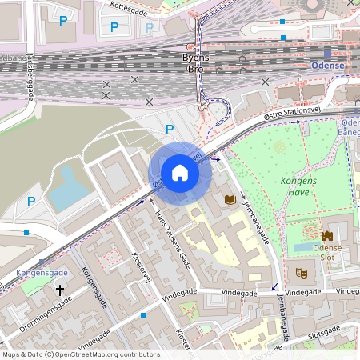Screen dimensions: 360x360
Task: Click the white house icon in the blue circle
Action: pyautogui.click(x=180, y=173)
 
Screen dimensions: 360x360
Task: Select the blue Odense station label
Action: pyautogui.click(x=327, y=65)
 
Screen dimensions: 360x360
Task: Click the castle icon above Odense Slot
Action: pyautogui.click(x=326, y=236)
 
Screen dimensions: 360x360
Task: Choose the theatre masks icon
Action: pyautogui.click(x=302, y=273)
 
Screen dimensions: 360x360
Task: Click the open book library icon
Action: pyautogui.click(x=231, y=198)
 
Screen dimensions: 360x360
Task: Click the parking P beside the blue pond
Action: pyautogui.click(x=31, y=201)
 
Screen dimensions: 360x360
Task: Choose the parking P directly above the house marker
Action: pyautogui.click(x=168, y=129)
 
